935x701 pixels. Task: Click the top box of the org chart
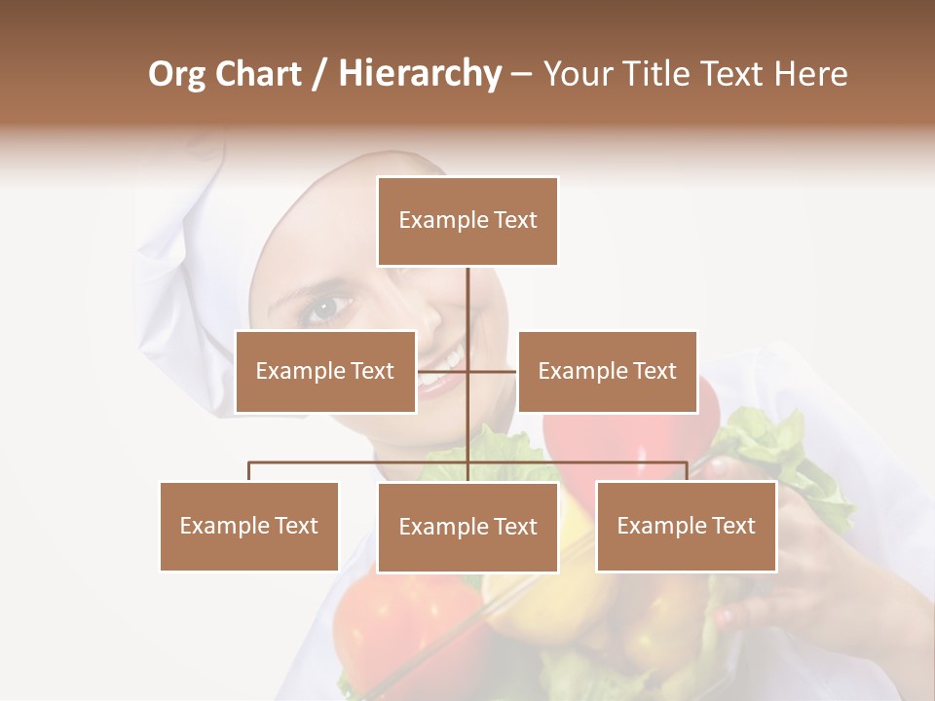coord(467,221)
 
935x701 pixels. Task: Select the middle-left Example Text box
coord(325,371)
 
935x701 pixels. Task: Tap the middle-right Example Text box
coord(607,371)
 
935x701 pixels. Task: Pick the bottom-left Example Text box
coord(248,526)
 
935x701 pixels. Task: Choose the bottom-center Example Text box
coord(467,527)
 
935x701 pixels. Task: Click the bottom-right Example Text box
coord(686,526)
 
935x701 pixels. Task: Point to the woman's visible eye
coord(322,309)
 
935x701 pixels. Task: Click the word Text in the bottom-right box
coord(732,526)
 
